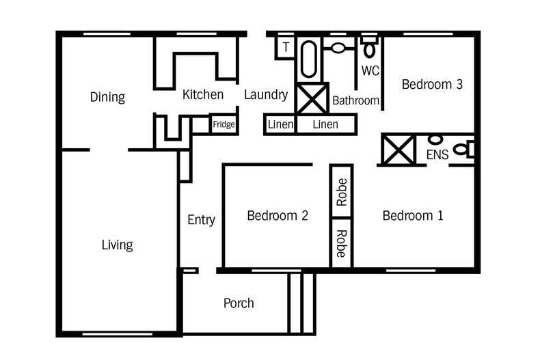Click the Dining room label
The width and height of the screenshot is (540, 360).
tap(107, 97)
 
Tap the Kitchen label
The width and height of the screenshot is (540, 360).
tap(203, 95)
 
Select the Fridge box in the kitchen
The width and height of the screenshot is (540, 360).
tap(224, 124)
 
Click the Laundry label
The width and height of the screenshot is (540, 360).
tap(265, 95)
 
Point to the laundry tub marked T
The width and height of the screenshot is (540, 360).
tap(286, 47)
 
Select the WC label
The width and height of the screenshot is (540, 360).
tap(370, 70)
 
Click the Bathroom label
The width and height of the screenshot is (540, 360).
tap(355, 100)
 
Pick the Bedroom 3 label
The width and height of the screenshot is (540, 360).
tap(432, 85)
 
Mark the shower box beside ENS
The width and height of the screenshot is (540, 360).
tap(398, 150)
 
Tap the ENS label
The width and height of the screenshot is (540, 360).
tap(437, 155)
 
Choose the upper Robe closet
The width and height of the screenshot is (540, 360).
tap(342, 192)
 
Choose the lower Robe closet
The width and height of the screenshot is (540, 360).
tap(342, 243)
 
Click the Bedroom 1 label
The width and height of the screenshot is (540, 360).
tap(413, 216)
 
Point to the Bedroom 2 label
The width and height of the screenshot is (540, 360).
tap(277, 216)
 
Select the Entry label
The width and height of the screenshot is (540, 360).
tap(201, 220)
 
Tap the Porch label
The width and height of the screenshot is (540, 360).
tap(239, 303)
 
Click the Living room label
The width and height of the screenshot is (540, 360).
tap(117, 245)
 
